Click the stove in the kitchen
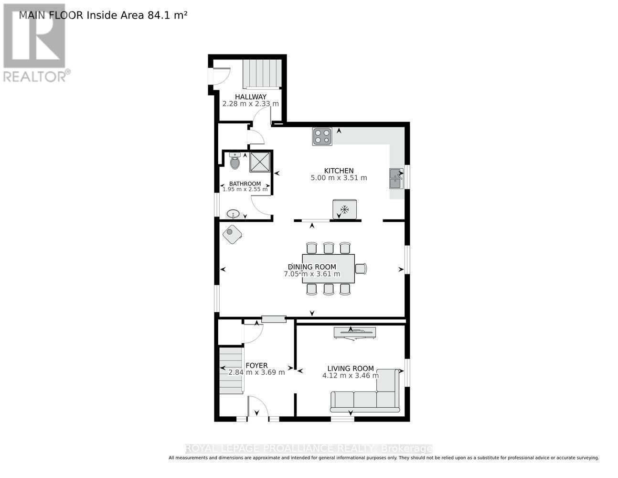tap(322, 137)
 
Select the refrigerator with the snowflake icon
tap(344, 209)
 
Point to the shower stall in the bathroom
tap(260, 162)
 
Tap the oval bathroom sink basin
tap(233, 213)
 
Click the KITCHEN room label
tap(339, 171)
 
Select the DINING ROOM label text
tap(311, 267)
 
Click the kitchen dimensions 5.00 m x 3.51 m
tap(339, 178)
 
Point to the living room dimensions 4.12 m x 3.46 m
tap(350, 375)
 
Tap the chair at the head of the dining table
tap(361, 268)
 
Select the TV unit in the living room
tap(354, 333)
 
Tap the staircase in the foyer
tap(231, 370)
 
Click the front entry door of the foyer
tap(258, 409)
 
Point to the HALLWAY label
tap(250, 97)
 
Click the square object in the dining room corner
tap(232, 234)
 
